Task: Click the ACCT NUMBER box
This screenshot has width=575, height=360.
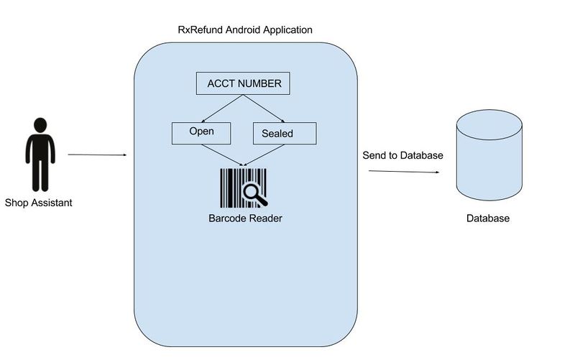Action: (x=244, y=84)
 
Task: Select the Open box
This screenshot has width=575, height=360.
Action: (x=202, y=132)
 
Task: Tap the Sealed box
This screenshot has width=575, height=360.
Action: (x=284, y=134)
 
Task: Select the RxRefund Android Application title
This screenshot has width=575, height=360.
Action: (x=245, y=30)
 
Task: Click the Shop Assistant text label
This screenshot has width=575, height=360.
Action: (x=39, y=203)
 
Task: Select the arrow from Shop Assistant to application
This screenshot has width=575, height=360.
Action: (x=97, y=154)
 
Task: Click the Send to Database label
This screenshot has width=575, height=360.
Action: (x=402, y=155)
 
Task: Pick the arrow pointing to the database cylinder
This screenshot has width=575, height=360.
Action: (x=404, y=172)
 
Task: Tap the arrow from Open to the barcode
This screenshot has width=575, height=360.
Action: (x=222, y=154)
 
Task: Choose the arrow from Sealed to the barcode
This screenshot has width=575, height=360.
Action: (x=264, y=155)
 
